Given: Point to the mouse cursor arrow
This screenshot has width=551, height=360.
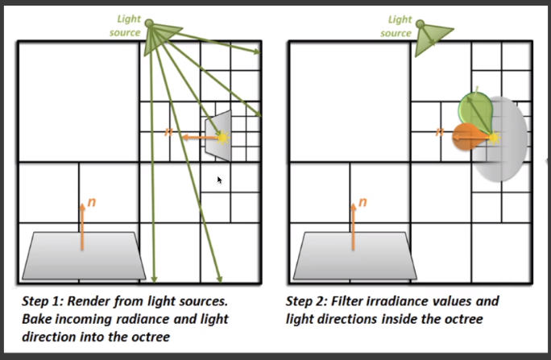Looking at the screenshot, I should click(x=219, y=180).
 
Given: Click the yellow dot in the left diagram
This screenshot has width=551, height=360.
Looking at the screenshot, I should click(x=223, y=138).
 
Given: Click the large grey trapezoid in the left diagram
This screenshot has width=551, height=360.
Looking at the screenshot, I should click(x=85, y=255).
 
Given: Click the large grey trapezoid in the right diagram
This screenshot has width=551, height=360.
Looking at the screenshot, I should click(x=355, y=255).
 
